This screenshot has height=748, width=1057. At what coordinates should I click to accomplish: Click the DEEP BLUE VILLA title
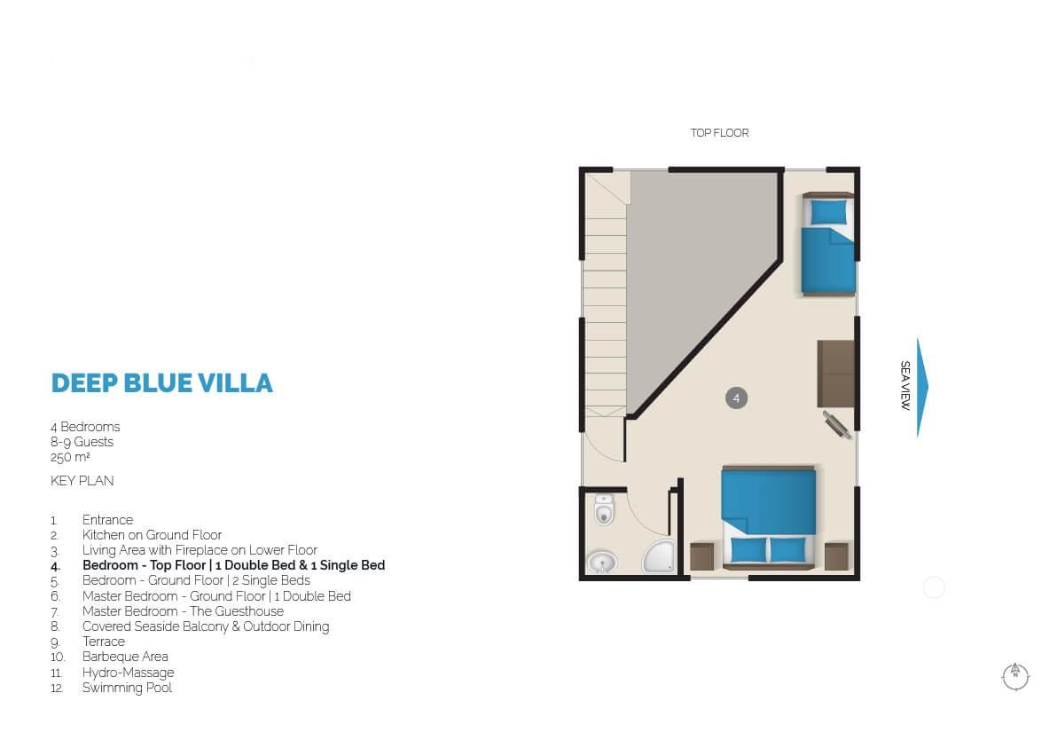point(161,383)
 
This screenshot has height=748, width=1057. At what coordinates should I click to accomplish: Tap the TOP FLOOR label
point(719,133)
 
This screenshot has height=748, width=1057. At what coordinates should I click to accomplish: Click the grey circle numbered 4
point(736,398)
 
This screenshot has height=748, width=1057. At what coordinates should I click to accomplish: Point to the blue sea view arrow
point(922,387)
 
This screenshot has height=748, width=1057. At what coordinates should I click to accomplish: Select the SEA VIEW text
point(905,385)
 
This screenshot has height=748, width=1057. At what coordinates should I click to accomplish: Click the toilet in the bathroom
point(604,510)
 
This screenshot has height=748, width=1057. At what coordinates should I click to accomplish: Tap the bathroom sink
point(602,562)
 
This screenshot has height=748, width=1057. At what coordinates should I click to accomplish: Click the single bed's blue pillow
point(828,212)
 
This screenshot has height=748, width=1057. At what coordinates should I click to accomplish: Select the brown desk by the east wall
point(836,374)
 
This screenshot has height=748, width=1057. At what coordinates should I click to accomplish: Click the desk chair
point(837,427)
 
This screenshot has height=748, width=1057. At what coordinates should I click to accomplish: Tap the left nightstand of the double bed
point(701,556)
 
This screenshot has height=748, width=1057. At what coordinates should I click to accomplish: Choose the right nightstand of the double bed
point(836,556)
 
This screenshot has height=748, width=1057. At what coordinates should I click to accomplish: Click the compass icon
point(1015,676)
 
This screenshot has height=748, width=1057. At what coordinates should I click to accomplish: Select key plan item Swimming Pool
point(127,688)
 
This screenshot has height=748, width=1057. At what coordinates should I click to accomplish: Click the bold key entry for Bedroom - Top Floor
point(233,565)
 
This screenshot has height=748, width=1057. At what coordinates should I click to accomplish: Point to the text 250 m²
point(70,457)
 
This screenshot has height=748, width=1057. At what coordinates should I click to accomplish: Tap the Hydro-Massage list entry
point(128,673)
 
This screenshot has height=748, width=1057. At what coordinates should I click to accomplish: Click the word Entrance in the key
point(107,520)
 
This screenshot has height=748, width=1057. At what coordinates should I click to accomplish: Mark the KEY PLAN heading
point(82,481)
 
